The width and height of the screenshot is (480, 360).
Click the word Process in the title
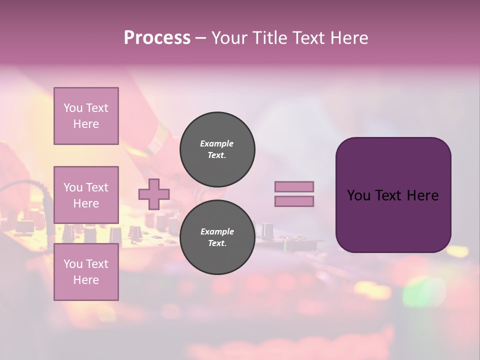(157, 38)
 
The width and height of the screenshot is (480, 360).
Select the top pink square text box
(86, 116)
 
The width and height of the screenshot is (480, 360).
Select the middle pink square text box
(86, 195)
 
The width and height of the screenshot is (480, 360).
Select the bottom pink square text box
(86, 272)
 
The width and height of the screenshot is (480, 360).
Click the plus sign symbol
(153, 194)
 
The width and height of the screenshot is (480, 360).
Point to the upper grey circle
(217, 149)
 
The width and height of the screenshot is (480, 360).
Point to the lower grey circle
(217, 237)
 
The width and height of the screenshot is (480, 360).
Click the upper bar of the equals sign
(294, 186)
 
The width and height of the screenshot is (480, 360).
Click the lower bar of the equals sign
(294, 201)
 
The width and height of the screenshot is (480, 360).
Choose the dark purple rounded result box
(393, 194)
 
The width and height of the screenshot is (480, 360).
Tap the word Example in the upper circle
(217, 143)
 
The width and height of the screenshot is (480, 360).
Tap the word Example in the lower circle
(217, 231)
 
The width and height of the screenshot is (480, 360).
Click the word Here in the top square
(86, 124)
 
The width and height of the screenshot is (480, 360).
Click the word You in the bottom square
(73, 264)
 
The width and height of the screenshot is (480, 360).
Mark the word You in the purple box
(358, 195)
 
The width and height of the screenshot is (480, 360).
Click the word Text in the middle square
(96, 187)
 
